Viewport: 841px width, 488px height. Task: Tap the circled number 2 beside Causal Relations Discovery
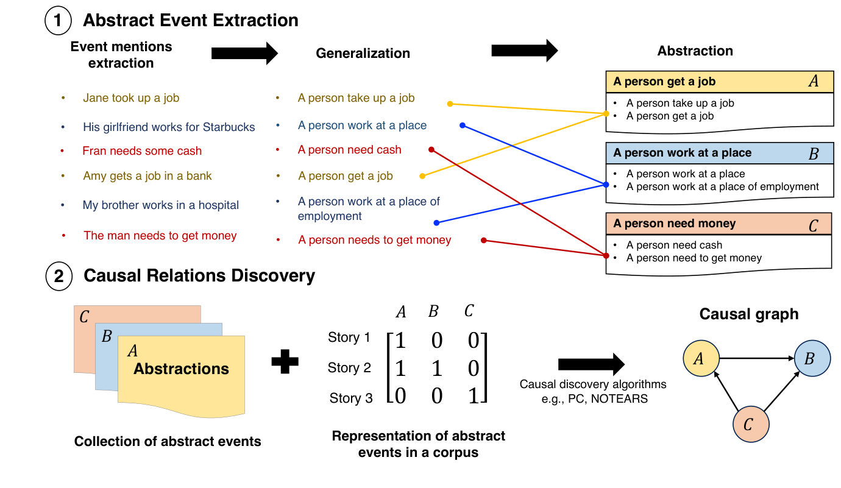(59, 276)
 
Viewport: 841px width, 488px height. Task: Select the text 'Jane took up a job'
(131, 98)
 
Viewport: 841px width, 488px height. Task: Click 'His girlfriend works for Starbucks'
(169, 127)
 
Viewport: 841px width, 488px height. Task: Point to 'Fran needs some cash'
(142, 151)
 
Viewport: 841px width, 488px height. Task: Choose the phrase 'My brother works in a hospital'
(160, 205)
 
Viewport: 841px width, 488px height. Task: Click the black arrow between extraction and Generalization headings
(244, 54)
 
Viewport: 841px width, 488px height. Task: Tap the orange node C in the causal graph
(750, 423)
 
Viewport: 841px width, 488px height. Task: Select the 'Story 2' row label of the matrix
(349, 368)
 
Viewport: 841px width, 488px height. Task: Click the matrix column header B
(433, 312)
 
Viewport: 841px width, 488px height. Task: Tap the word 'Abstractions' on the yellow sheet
(181, 369)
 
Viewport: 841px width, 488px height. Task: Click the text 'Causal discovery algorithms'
(592, 384)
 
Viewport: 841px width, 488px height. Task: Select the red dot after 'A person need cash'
(431, 149)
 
